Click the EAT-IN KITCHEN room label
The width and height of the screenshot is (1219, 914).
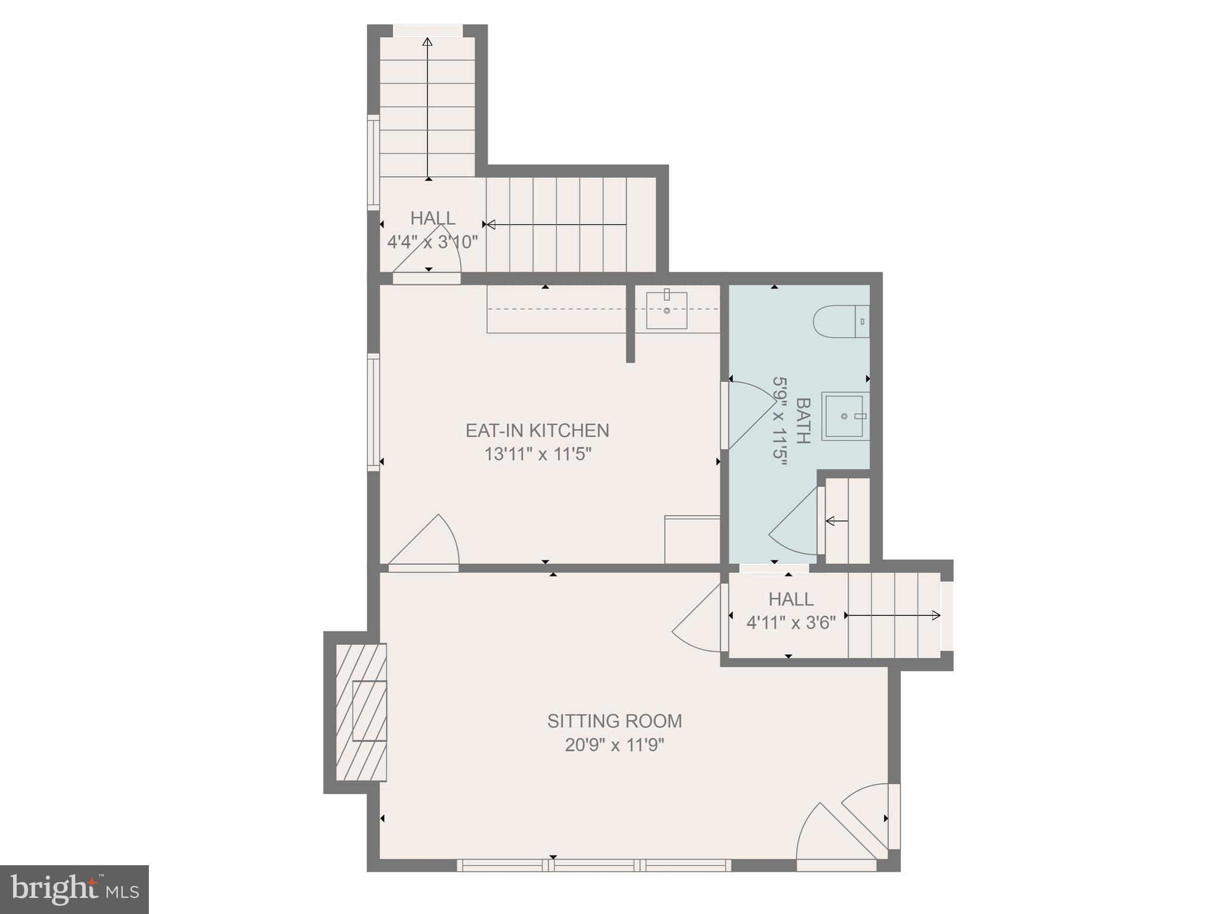537,430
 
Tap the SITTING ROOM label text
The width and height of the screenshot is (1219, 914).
615,721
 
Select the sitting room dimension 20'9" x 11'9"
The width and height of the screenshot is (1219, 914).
615,745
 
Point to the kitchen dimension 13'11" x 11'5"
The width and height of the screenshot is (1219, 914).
537,455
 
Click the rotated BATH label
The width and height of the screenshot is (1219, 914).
803,421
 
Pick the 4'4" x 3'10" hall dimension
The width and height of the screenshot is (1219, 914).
433,242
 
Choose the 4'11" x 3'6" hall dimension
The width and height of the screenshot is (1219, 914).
791,622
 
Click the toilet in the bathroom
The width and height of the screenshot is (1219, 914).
841,321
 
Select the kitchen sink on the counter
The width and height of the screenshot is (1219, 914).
667,310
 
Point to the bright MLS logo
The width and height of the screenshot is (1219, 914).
74,890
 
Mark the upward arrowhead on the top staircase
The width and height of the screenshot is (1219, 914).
427,42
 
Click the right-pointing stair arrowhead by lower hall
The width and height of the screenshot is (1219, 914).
936,615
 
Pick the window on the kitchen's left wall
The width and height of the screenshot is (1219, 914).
373,412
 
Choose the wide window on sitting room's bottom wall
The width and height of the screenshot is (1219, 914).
594,865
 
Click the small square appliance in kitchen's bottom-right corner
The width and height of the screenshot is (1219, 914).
692,539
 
